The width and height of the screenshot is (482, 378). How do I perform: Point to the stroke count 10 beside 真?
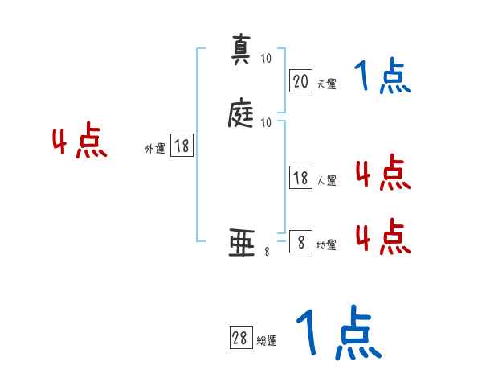[x=266, y=59]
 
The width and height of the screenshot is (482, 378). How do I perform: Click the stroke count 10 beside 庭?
[x=266, y=122]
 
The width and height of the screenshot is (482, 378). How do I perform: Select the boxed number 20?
[x=300, y=80]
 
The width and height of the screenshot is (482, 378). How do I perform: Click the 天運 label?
[x=326, y=84]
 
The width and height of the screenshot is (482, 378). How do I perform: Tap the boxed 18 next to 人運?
[x=300, y=179]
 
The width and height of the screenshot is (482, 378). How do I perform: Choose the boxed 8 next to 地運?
[x=300, y=242]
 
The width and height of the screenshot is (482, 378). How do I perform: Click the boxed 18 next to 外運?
[x=182, y=146]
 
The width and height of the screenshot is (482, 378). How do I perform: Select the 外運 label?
[x=155, y=149]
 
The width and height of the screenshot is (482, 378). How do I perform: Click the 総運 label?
[x=266, y=341]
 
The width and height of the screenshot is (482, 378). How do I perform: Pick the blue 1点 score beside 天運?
[x=382, y=77]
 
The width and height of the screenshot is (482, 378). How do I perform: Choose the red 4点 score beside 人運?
[x=382, y=173]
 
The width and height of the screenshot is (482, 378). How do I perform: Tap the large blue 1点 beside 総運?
[x=337, y=332]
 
